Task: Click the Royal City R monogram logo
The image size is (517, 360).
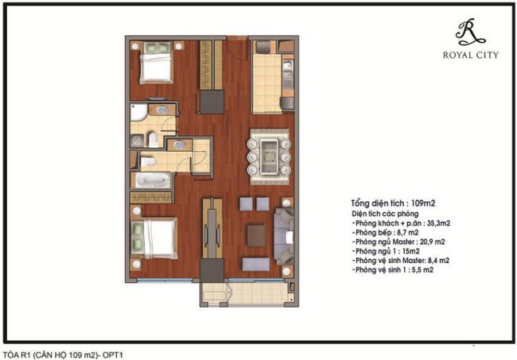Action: click(470, 32)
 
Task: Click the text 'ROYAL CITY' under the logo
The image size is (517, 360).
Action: click(471, 55)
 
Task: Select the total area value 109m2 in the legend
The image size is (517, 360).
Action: click(423, 203)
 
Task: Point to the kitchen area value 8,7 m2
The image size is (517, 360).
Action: click(408, 233)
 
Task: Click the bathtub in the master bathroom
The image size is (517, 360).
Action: click(151, 180)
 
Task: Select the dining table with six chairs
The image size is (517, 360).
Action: click(269, 157)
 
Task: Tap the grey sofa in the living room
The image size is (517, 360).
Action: click(284, 236)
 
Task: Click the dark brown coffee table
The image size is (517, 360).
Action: click(256, 235)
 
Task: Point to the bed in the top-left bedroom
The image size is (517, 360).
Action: click(156, 63)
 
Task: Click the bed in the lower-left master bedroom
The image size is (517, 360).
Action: click(154, 238)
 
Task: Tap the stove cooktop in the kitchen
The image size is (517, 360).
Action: click(263, 48)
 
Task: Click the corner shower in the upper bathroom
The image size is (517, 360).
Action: click(138, 112)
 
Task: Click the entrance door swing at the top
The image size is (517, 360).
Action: click(237, 48)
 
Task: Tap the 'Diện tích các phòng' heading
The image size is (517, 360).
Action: click(385, 214)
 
